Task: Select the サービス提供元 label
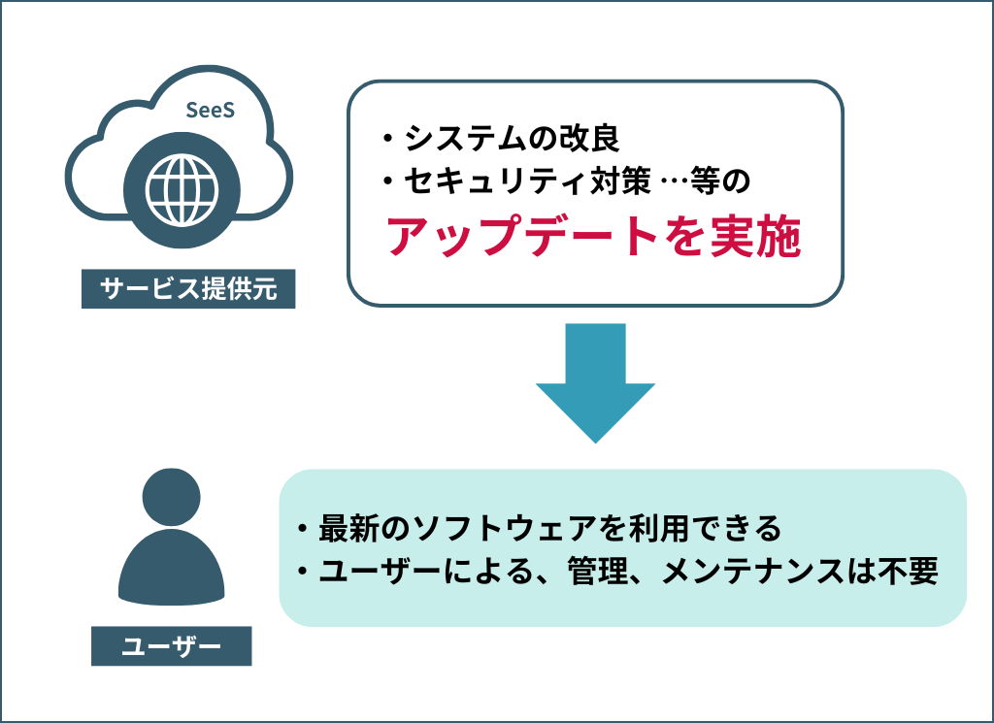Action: pyautogui.click(x=187, y=289)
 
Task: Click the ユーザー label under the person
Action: pyautogui.click(x=171, y=644)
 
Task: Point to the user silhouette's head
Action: pyautogui.click(x=172, y=499)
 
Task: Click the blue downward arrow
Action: pyautogui.click(x=595, y=382)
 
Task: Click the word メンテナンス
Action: pyautogui.click(x=760, y=571)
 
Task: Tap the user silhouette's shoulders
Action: pyautogui.click(x=172, y=573)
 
